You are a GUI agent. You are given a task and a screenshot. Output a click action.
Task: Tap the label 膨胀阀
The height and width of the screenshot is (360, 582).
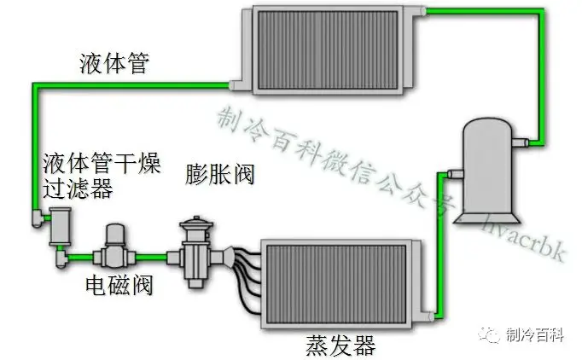coord(219,174)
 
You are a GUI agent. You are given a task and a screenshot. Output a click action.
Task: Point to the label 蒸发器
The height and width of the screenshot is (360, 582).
coord(340,345)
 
